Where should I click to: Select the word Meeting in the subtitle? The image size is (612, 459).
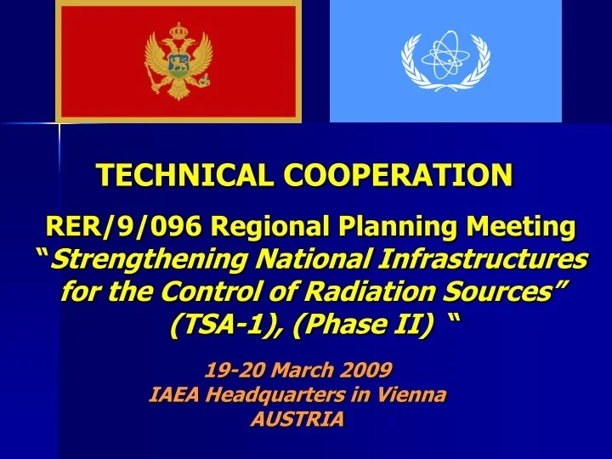click(522, 227)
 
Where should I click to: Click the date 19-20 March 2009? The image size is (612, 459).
click(298, 370)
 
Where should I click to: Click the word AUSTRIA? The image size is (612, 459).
click(298, 419)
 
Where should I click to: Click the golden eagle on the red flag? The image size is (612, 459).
click(178, 61)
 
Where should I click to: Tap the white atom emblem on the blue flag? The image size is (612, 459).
click(445, 61)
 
